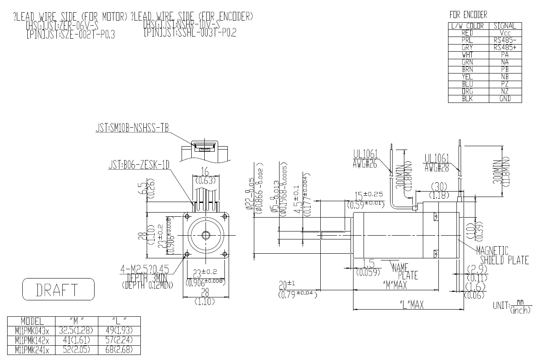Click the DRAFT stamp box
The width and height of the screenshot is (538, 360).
[58, 289]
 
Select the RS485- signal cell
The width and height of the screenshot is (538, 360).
[505, 40]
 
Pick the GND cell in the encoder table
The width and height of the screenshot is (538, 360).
[505, 99]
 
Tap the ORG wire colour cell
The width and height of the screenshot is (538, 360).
[467, 92]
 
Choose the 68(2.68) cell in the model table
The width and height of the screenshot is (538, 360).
[119, 349]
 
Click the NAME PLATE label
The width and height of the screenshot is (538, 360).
[405, 271]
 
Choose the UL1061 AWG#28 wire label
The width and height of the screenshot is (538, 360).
[437, 163]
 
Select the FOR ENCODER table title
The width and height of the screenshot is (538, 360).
[468, 15]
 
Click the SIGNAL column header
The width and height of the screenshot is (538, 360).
[505, 26]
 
